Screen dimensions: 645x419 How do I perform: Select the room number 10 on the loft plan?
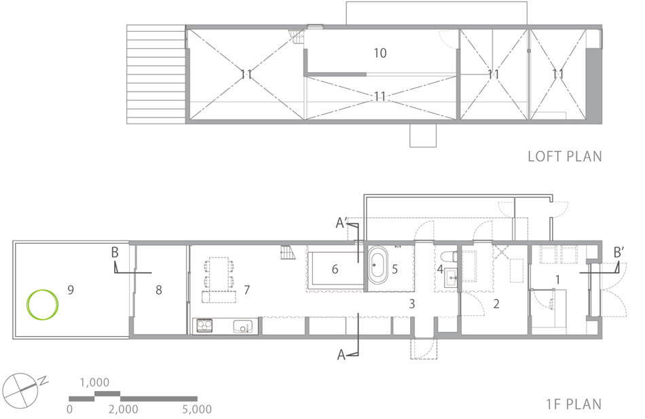(380, 53)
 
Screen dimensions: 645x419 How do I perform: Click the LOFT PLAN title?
(565, 156)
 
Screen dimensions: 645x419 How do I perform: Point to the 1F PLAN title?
(574, 404)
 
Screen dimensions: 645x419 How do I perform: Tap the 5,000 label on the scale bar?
(197, 409)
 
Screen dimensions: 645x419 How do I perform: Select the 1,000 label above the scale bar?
(94, 382)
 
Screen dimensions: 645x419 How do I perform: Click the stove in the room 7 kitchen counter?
(205, 325)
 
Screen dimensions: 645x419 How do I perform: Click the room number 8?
(159, 290)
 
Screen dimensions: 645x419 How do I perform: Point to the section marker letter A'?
(342, 223)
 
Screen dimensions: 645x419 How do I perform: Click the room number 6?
(335, 269)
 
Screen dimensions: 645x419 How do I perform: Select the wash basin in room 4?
(451, 277)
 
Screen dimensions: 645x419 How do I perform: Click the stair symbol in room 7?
(289, 253)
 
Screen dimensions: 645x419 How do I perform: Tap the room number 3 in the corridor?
(411, 304)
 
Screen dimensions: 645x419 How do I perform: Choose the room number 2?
(496, 304)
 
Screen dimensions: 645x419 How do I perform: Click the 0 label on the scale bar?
(69, 409)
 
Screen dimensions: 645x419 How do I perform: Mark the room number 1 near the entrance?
(558, 280)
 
